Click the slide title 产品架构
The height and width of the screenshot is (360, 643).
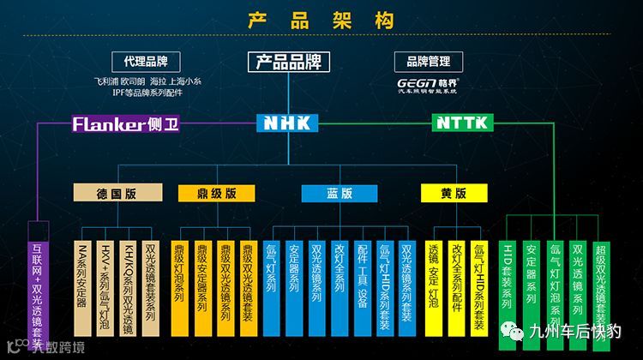(x=321, y=20)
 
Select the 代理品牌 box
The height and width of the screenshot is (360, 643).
(x=145, y=61)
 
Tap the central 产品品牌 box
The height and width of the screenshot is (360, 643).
(x=287, y=62)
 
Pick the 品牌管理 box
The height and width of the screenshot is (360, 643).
(x=428, y=61)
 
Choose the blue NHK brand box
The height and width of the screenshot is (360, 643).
(x=287, y=123)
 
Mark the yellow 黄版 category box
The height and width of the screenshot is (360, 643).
(x=454, y=193)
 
